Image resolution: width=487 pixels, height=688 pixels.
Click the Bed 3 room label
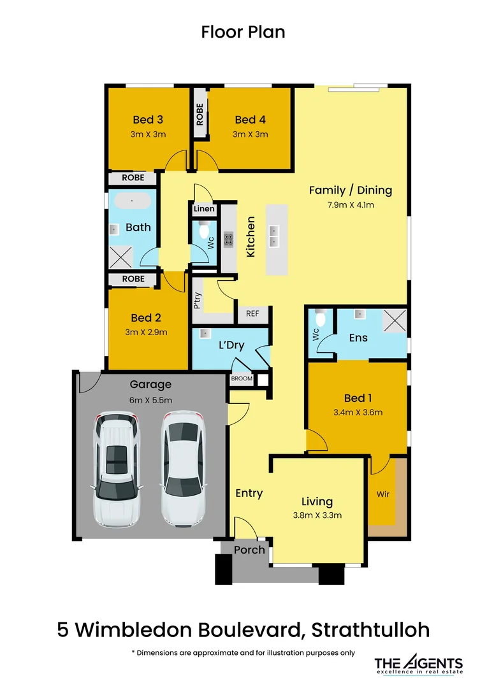click(148, 120)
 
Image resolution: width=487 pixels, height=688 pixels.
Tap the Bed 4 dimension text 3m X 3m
click(250, 134)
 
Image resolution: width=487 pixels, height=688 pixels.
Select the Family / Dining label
click(350, 190)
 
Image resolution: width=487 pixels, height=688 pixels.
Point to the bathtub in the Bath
click(132, 202)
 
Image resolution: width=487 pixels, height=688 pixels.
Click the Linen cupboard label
click(204, 209)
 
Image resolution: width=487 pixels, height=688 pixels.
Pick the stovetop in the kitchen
click(229, 239)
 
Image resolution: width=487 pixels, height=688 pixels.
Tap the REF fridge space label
click(252, 313)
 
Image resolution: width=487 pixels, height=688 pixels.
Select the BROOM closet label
click(242, 378)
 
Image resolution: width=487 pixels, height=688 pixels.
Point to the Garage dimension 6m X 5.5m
click(150, 400)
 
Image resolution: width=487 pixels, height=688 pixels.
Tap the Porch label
click(249, 550)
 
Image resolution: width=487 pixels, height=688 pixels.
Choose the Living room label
click(317, 502)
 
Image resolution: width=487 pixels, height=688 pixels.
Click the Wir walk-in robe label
click(382, 493)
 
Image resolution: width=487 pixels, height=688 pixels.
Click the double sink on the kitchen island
click(274, 236)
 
